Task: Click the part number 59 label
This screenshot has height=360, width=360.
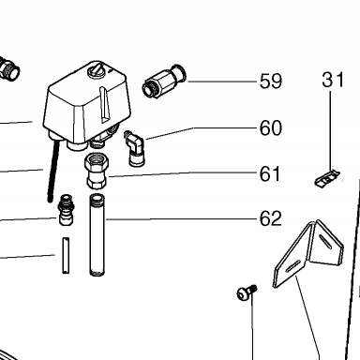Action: [x=271, y=82]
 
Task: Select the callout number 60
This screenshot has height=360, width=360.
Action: [x=271, y=128]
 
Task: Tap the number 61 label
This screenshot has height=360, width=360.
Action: [x=270, y=174]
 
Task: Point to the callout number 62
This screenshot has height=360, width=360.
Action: [x=271, y=218]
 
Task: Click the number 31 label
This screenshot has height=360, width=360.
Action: [x=333, y=80]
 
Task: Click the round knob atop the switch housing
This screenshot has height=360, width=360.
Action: [x=96, y=69]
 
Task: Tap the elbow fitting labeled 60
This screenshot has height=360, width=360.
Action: [x=134, y=148]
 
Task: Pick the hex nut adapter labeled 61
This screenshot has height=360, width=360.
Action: [x=97, y=171]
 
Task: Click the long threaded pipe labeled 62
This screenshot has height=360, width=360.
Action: [x=97, y=235]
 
